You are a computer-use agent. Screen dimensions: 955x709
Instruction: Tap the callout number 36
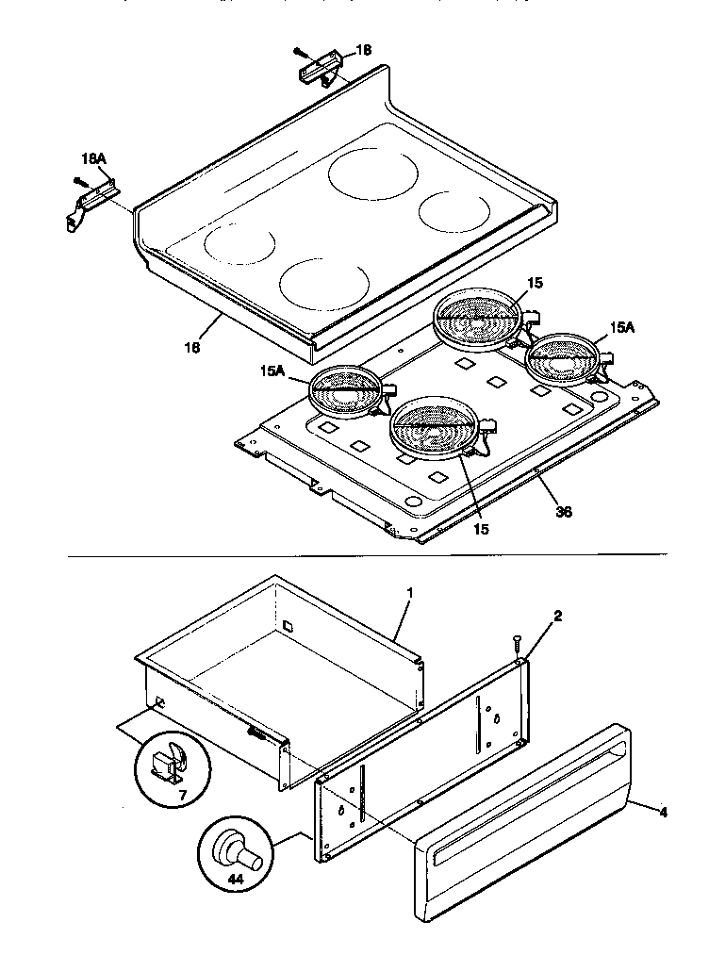564,512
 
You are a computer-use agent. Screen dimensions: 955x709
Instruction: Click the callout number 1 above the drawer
410,593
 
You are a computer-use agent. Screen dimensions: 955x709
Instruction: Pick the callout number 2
557,616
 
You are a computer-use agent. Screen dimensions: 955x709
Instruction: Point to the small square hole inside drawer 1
289,624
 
